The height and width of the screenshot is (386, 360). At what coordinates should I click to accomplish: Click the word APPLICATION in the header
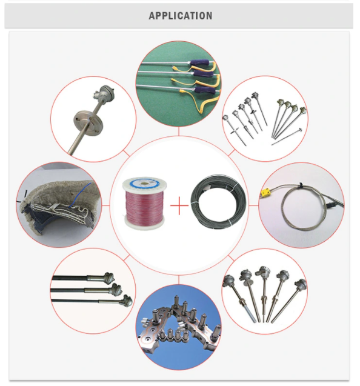[x=181, y=16]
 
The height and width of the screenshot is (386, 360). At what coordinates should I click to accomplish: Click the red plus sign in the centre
[x=179, y=205]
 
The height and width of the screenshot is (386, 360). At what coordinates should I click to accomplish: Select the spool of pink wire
[x=145, y=204]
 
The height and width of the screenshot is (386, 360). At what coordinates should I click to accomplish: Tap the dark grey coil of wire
[x=219, y=202]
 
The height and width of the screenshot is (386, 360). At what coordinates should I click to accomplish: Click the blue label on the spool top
[x=144, y=181]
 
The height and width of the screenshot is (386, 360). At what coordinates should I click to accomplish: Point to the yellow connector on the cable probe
[x=266, y=193]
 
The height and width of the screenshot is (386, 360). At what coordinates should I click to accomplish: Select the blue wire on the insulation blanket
[x=79, y=195]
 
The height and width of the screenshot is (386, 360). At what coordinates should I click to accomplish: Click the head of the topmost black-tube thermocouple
[x=108, y=277]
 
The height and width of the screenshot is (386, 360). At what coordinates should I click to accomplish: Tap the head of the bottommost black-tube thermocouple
[x=127, y=301]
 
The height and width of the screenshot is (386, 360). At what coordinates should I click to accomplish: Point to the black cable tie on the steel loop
[x=300, y=186]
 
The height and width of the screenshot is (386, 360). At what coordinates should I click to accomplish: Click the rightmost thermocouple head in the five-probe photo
[x=300, y=285]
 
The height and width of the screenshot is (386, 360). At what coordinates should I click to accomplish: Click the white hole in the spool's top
[x=144, y=183]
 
